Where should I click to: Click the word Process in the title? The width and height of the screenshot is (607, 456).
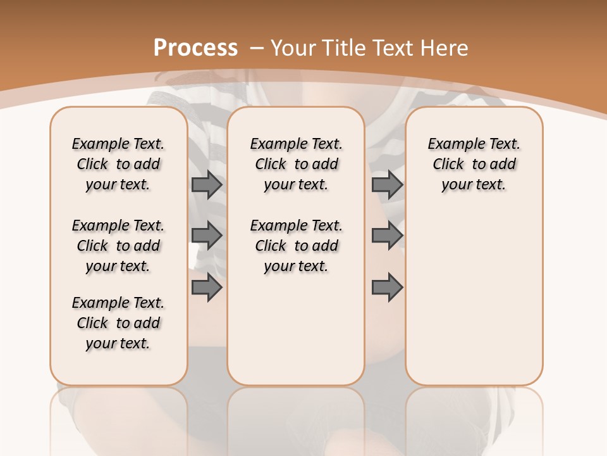click(195, 47)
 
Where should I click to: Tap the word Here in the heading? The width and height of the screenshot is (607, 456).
click(445, 47)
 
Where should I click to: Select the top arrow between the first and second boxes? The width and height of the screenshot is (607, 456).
click(207, 184)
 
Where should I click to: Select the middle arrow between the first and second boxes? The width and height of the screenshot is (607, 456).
click(207, 236)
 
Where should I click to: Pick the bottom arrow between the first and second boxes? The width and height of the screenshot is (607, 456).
click(207, 288)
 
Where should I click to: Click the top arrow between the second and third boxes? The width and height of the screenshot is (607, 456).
click(387, 184)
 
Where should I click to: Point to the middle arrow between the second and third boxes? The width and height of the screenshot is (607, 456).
click(387, 236)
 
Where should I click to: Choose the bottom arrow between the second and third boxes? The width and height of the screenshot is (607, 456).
click(387, 288)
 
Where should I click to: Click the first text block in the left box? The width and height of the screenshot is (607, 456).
click(118, 164)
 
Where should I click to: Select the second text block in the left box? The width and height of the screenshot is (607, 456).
click(118, 246)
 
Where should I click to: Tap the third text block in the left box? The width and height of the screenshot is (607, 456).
click(118, 323)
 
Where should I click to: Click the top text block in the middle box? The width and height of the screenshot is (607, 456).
click(296, 164)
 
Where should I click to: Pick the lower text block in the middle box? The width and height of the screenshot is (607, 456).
click(296, 246)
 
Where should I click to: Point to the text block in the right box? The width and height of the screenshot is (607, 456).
click(474, 164)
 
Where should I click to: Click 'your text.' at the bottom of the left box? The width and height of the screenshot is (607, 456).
click(118, 343)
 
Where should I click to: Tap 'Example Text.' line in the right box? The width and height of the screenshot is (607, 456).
click(474, 144)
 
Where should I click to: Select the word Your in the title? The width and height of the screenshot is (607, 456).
click(295, 47)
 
